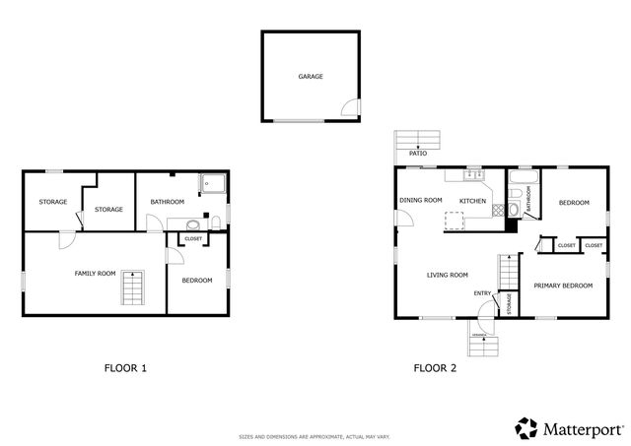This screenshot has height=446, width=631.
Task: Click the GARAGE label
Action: point(311,76)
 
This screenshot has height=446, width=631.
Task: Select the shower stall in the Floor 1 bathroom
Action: point(212,182)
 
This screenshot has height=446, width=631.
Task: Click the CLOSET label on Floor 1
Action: point(193,238)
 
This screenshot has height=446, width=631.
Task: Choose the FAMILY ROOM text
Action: point(96,273)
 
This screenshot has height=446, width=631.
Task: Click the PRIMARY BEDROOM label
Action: point(563,286)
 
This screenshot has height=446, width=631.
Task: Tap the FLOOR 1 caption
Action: point(125,369)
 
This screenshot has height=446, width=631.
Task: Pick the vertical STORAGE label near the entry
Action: point(510,304)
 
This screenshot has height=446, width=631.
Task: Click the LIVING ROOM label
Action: point(447,275)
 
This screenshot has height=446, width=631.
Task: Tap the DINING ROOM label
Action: point(420,201)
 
